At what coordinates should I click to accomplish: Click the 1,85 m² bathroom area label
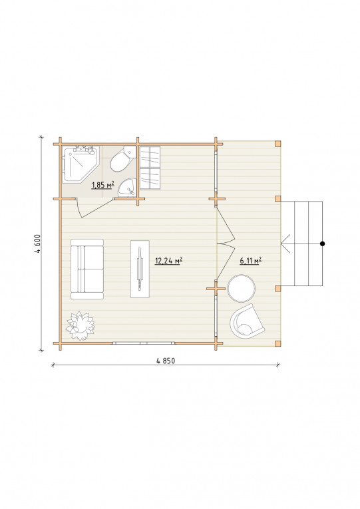pos(103,185)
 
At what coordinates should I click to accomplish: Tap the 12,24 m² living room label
pos(168,260)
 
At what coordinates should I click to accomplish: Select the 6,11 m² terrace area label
pos(251,260)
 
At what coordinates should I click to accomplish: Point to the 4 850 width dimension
pos(166,361)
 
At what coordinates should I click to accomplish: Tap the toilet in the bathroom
pos(122,159)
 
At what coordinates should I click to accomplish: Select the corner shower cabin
pos(81,164)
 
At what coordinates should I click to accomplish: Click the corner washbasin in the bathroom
pos(128,188)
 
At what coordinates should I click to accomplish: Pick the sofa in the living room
pos(87,269)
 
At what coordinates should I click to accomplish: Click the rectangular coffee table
pos(140,269)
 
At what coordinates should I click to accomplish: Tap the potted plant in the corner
pos(80,325)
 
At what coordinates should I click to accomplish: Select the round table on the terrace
pos(242,288)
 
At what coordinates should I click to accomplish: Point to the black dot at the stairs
pos(322,244)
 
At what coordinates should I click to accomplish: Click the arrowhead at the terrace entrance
pos(285,244)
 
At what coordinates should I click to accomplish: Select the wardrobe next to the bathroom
pos(150,168)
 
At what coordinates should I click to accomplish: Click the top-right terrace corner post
pos(277,144)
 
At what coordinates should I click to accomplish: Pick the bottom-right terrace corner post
pos(277,343)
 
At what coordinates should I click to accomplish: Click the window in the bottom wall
pos(144,343)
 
